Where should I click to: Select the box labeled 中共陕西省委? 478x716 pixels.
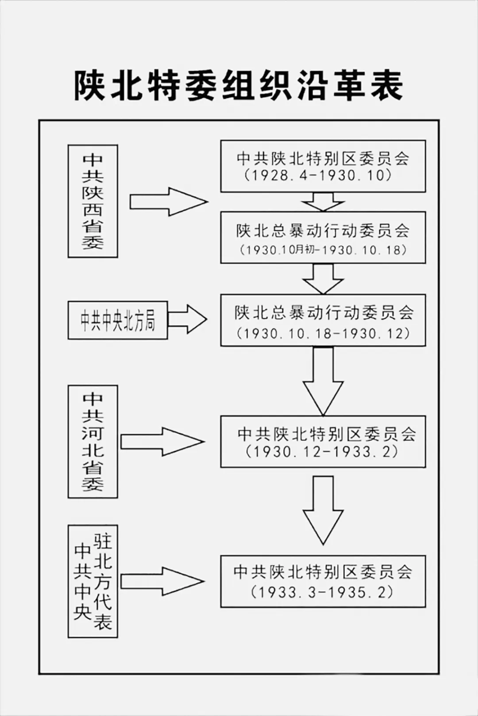pos(93,201)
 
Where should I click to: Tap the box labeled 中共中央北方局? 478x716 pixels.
pos(118,320)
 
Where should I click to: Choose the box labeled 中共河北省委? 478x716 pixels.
pos(93,441)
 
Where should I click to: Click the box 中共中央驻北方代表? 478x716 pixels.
pos(93,581)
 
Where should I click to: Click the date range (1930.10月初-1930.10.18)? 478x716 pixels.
pos(323,249)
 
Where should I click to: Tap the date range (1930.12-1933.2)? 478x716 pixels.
pos(323,452)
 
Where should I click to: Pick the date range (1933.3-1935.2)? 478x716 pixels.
pos(322,592)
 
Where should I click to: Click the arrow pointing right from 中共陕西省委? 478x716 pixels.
pos(168,202)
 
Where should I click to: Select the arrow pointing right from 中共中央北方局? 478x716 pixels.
pos(187,319)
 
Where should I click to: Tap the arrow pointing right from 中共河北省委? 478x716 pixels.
pos(162,441)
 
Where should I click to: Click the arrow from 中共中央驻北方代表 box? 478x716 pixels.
pos(162,581)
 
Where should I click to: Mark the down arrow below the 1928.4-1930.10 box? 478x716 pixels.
pos(323,202)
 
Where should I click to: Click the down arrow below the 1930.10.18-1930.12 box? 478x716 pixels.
pos(323,380)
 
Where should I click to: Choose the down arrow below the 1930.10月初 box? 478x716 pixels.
pos(323,279)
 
